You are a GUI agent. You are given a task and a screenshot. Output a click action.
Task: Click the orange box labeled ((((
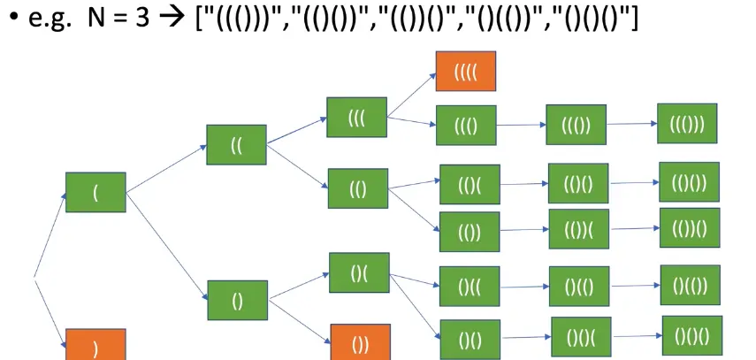click(x=466, y=70)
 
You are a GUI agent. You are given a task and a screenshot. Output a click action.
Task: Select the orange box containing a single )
click(x=95, y=346)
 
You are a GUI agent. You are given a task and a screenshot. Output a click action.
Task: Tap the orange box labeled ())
click(x=360, y=342)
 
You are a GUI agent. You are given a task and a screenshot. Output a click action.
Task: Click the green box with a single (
click(x=95, y=193)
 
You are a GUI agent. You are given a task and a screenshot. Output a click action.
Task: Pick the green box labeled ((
click(x=236, y=144)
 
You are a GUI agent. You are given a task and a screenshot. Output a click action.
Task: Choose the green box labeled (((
click(x=356, y=117)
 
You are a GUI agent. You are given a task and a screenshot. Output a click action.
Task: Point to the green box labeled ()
click(x=237, y=302)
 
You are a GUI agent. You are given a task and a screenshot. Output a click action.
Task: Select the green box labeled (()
click(x=357, y=188)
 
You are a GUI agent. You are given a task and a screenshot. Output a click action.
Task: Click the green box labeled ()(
click(x=359, y=272)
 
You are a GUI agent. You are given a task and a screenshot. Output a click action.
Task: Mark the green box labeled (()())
click(x=689, y=181)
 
